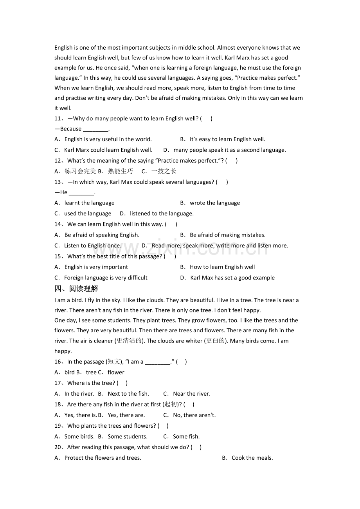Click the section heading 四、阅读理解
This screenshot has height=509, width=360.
click(76, 289)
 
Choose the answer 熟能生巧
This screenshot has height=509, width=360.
click(121, 171)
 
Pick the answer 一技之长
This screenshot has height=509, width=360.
click(164, 171)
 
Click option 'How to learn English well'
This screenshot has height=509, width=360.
click(222, 267)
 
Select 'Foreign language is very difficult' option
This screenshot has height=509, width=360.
click(106, 278)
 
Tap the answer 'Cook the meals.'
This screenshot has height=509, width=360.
click(252, 458)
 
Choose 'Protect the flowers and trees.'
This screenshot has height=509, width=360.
click(103, 458)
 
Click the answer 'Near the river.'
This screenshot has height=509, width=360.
click(192, 394)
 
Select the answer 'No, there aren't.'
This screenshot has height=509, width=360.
click(194, 415)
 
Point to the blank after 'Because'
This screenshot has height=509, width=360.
click(95, 129)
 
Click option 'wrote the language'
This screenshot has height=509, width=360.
click(215, 203)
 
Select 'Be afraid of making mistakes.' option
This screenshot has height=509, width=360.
click(227, 235)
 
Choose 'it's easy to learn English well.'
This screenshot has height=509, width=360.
click(227, 139)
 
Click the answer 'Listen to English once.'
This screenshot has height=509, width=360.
click(93, 246)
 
